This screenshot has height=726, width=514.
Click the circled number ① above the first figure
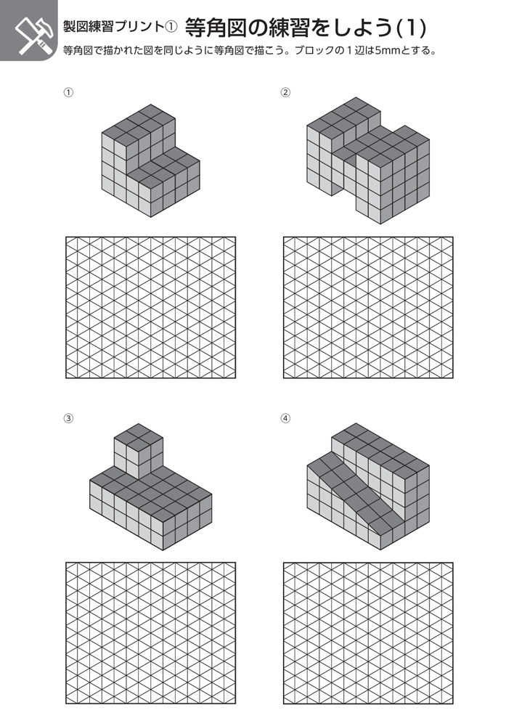(68, 92)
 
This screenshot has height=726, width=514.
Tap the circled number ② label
(286, 92)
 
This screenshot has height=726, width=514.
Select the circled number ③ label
(68, 418)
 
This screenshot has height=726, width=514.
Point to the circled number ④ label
(286, 418)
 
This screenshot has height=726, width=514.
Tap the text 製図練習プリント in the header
(113, 26)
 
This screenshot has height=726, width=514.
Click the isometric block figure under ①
(151, 160)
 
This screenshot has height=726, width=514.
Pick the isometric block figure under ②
(368, 160)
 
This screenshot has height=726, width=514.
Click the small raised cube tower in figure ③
(139, 451)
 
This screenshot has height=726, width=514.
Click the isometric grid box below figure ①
(150, 307)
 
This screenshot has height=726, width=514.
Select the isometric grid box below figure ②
(368, 307)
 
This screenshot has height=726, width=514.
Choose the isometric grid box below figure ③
(150, 633)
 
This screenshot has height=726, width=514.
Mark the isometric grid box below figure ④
(368, 633)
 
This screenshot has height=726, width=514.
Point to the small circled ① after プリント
(171, 27)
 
